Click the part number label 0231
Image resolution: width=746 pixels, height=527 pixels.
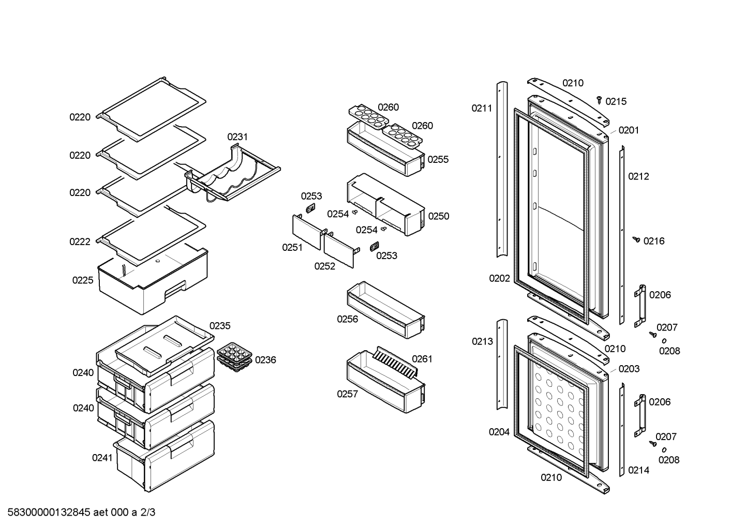pyautogui.click(x=237, y=137)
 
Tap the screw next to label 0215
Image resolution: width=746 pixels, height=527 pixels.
pyautogui.click(x=599, y=98)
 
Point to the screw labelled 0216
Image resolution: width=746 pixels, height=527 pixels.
pyautogui.click(x=637, y=239)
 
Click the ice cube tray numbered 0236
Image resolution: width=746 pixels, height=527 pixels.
pyautogui.click(x=234, y=357)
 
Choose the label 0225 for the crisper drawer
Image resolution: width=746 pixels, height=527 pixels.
pyautogui.click(x=83, y=280)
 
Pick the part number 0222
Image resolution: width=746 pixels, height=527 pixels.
pyautogui.click(x=80, y=242)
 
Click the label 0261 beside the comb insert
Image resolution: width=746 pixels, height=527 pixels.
pyautogui.click(x=422, y=359)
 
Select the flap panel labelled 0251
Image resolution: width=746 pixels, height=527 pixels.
pyautogui.click(x=306, y=232)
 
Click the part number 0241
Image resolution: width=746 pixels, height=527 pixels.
pyautogui.click(x=102, y=457)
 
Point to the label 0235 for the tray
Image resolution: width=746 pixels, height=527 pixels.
pyautogui.click(x=220, y=326)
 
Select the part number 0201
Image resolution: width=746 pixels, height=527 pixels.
pyautogui.click(x=629, y=130)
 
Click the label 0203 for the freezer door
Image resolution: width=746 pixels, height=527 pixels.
pyautogui.click(x=629, y=369)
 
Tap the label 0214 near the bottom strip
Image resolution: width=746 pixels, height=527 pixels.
pyautogui.click(x=638, y=470)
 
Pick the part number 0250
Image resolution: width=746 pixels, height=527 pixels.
pyautogui.click(x=439, y=216)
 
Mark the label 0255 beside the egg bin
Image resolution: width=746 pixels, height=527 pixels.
pyautogui.click(x=438, y=159)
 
